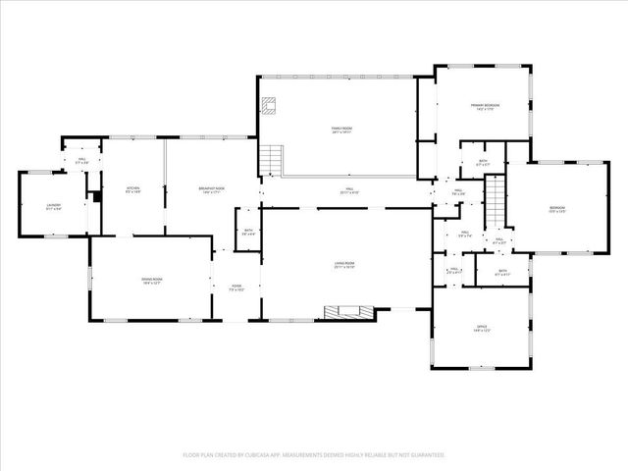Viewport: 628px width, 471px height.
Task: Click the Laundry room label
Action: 54,206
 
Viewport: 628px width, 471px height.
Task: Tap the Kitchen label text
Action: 133,190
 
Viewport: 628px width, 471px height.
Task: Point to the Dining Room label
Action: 151,281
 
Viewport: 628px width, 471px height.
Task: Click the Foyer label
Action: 236,288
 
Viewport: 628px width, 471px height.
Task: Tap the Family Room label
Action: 340,131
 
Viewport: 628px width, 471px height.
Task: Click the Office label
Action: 482,329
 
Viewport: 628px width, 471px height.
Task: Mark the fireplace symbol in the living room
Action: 350,313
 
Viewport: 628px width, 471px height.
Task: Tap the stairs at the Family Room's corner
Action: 272,159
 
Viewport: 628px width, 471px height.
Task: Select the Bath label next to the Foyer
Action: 248,233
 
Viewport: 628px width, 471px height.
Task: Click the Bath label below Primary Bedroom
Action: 482,163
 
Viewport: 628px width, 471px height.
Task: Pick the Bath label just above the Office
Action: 501,273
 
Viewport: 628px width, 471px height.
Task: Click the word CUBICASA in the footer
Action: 281,455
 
